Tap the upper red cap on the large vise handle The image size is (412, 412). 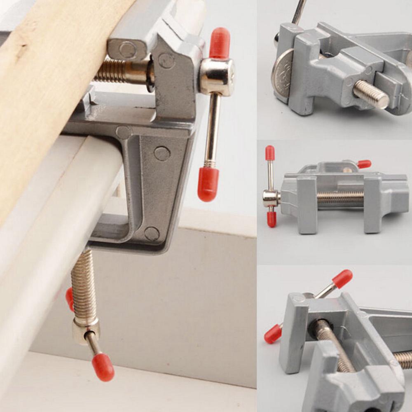219,43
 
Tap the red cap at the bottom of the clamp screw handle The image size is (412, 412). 103,367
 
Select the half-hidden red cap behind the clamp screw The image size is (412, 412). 70,298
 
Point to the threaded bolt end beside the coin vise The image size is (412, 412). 371,94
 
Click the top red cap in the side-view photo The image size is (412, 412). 270,153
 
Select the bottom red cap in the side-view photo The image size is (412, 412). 272,219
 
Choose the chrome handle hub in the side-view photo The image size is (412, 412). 271,199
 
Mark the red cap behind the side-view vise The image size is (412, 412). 364,164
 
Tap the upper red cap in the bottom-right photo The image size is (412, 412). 342,279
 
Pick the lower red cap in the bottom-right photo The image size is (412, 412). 273,334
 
